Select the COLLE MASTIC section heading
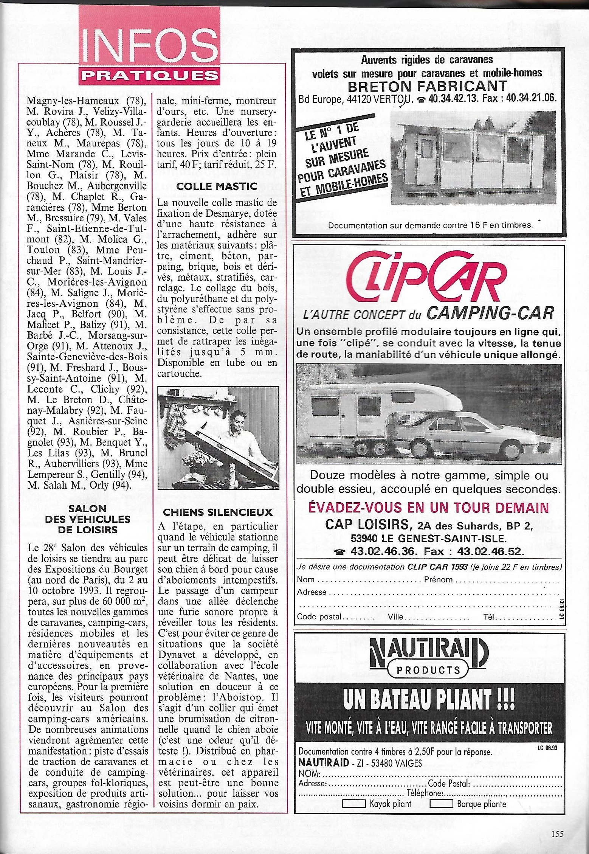pyautogui.click(x=217, y=186)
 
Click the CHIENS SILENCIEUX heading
pyautogui.click(x=217, y=512)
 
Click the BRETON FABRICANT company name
pyautogui.click(x=427, y=86)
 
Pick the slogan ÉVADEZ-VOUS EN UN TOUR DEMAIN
pyautogui.click(x=428, y=508)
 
